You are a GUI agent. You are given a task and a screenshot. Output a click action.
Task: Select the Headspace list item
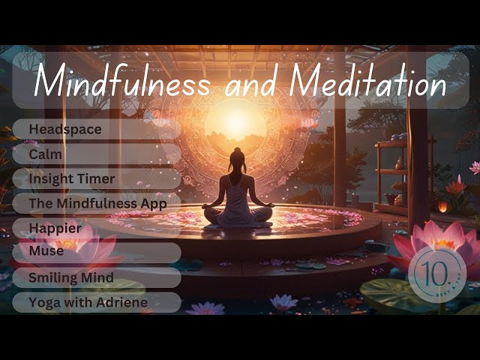(65, 129)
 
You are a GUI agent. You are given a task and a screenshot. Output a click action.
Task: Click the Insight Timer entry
(72, 178)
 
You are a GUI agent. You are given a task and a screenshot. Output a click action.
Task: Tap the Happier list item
(55, 228)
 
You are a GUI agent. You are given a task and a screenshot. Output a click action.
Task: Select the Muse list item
(46, 252)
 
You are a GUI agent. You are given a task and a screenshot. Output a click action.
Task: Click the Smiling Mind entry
(71, 277)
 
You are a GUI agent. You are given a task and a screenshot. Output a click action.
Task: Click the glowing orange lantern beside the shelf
(442, 206)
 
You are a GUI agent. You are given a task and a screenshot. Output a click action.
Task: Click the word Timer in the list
(98, 178)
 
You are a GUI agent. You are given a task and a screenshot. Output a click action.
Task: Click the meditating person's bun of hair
(238, 151)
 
